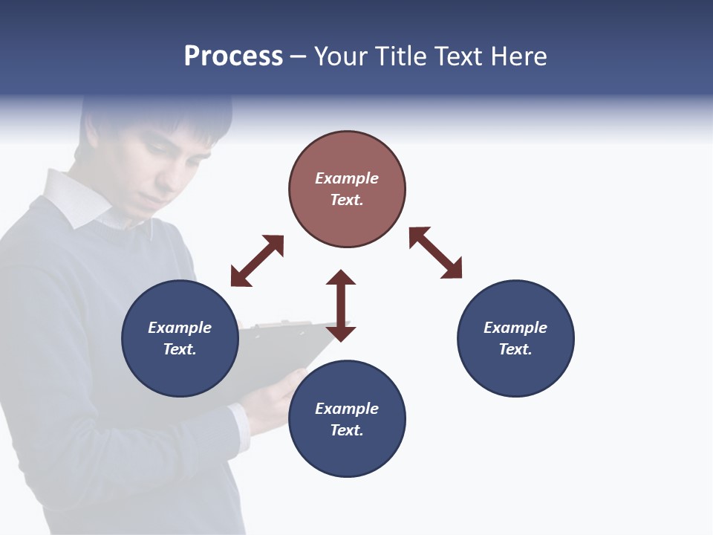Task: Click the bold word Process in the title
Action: (x=233, y=56)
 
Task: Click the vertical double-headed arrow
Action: (x=341, y=305)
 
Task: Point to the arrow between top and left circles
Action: (x=257, y=261)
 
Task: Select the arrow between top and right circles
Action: (x=435, y=253)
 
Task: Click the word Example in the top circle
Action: (x=347, y=178)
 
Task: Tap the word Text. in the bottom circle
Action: (x=347, y=430)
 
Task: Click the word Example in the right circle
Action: (x=515, y=328)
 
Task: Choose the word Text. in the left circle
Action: (x=180, y=349)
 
